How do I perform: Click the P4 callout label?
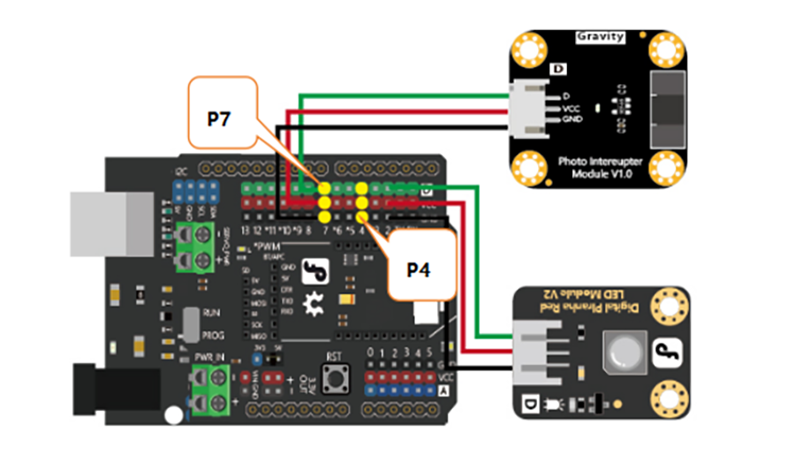click(419, 269)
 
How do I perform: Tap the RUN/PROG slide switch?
click(188, 323)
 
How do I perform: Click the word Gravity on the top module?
click(601, 37)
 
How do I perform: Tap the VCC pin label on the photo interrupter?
click(572, 107)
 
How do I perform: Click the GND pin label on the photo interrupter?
click(572, 118)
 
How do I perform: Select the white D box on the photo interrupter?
click(557, 69)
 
